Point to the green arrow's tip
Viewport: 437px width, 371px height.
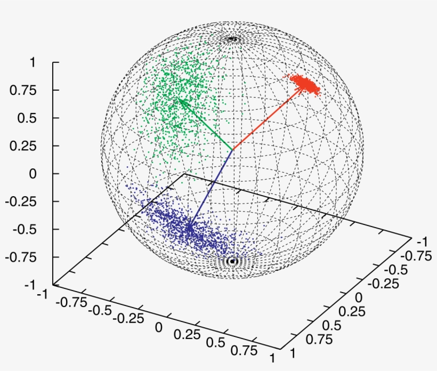point(178,98)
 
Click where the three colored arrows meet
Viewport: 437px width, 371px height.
point(232,149)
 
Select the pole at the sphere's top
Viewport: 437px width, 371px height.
point(232,38)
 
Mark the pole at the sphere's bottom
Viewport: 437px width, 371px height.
point(232,261)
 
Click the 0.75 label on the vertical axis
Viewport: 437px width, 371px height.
point(22,90)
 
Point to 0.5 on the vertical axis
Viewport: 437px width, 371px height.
point(25,118)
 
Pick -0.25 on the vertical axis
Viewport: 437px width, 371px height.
point(20,201)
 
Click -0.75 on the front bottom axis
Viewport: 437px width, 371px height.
point(71,302)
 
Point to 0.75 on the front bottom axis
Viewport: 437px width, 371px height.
point(245,350)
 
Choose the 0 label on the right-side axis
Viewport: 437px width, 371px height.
point(358,296)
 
